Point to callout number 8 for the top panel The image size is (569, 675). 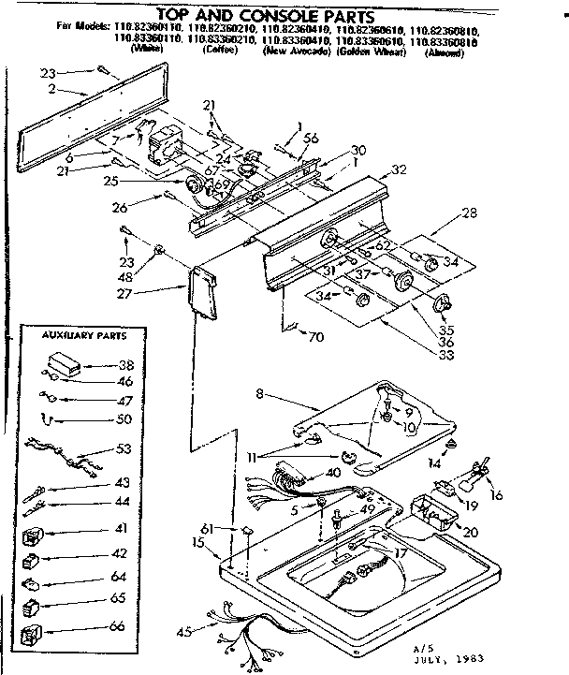click(x=259, y=395)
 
